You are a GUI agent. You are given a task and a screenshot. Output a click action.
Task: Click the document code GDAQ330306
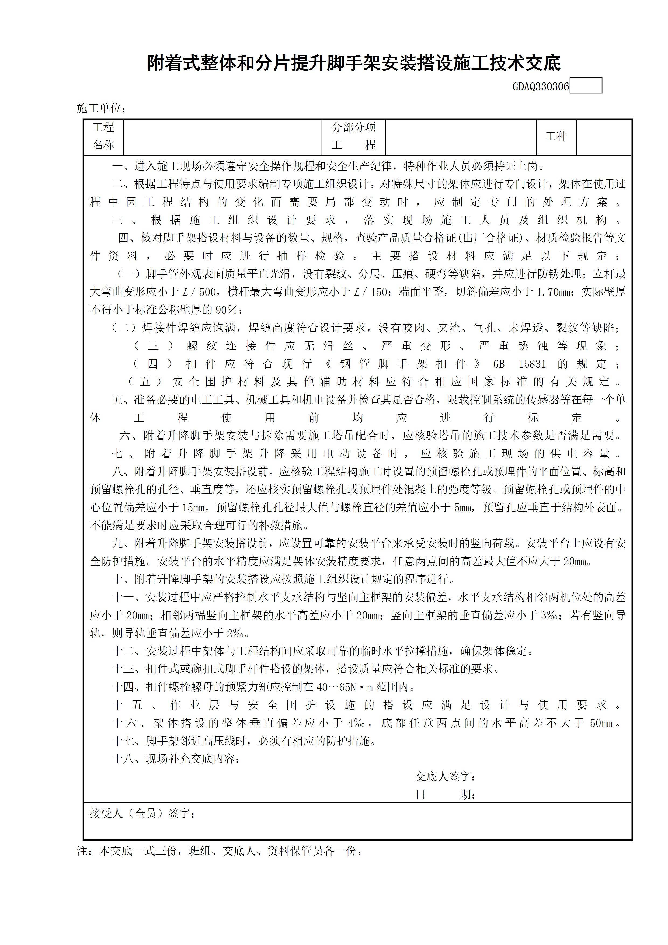540,86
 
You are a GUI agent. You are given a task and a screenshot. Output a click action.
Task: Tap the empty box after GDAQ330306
586,86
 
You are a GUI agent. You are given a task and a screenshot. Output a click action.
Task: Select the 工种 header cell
556,137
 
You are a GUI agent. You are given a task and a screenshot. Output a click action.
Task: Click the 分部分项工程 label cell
354,137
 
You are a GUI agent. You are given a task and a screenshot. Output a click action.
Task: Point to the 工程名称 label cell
103,137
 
